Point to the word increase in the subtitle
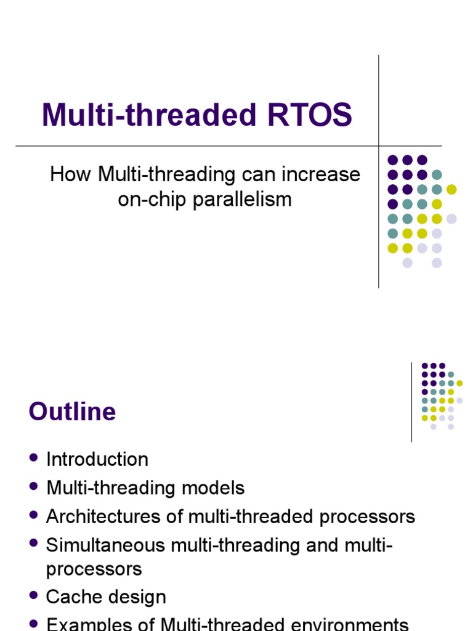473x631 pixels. point(321,174)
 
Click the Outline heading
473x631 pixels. point(72,412)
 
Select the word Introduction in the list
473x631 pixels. point(97,460)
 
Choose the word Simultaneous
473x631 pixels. point(106,545)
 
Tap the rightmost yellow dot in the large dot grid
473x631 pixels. point(451,189)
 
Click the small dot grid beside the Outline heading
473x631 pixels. point(440,396)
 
